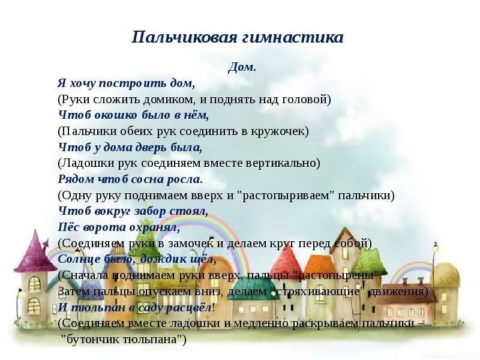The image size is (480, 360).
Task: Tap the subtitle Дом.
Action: point(242,68)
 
